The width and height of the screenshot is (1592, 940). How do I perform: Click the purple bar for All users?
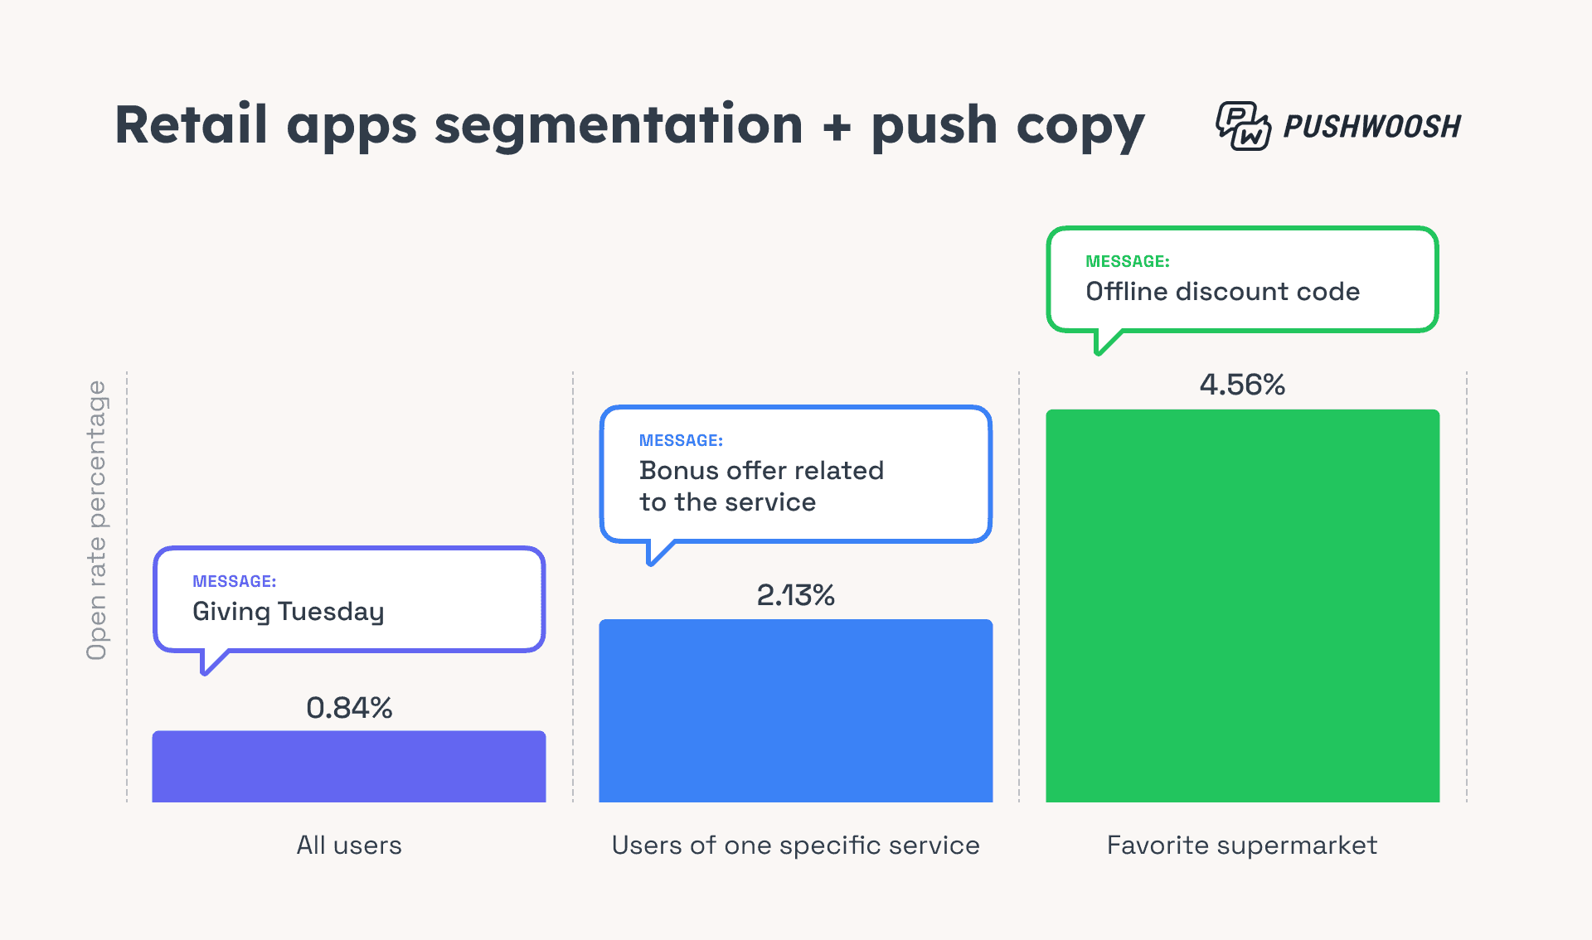(348, 767)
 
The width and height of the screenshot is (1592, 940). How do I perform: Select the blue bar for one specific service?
(795, 711)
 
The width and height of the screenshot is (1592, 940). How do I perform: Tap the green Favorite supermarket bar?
(1242, 605)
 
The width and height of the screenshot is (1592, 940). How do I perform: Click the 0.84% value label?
(349, 708)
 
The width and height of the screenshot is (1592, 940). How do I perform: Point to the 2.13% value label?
(795, 595)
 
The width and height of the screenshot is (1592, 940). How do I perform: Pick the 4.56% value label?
(1242, 385)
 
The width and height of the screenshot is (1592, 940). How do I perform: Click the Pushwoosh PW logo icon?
(1242, 126)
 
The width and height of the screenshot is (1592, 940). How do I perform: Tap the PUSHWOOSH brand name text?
(1372, 127)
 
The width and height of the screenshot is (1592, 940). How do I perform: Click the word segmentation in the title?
(619, 125)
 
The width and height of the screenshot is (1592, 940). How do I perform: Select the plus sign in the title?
(837, 127)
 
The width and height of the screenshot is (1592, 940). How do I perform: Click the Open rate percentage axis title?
(97, 521)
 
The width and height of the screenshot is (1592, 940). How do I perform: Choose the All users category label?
(349, 846)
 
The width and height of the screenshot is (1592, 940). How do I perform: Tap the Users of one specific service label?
(795, 846)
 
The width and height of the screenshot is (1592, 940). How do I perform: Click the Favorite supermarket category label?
(1242, 846)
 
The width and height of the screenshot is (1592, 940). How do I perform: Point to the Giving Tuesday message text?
(289, 612)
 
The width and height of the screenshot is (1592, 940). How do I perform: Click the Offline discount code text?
(1222, 292)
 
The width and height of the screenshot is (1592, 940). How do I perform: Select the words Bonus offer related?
(761, 471)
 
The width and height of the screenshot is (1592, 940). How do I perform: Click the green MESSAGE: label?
(1127, 262)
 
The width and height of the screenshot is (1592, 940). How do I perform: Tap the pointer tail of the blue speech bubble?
(657, 553)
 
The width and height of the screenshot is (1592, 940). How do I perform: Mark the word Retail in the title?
(191, 125)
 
